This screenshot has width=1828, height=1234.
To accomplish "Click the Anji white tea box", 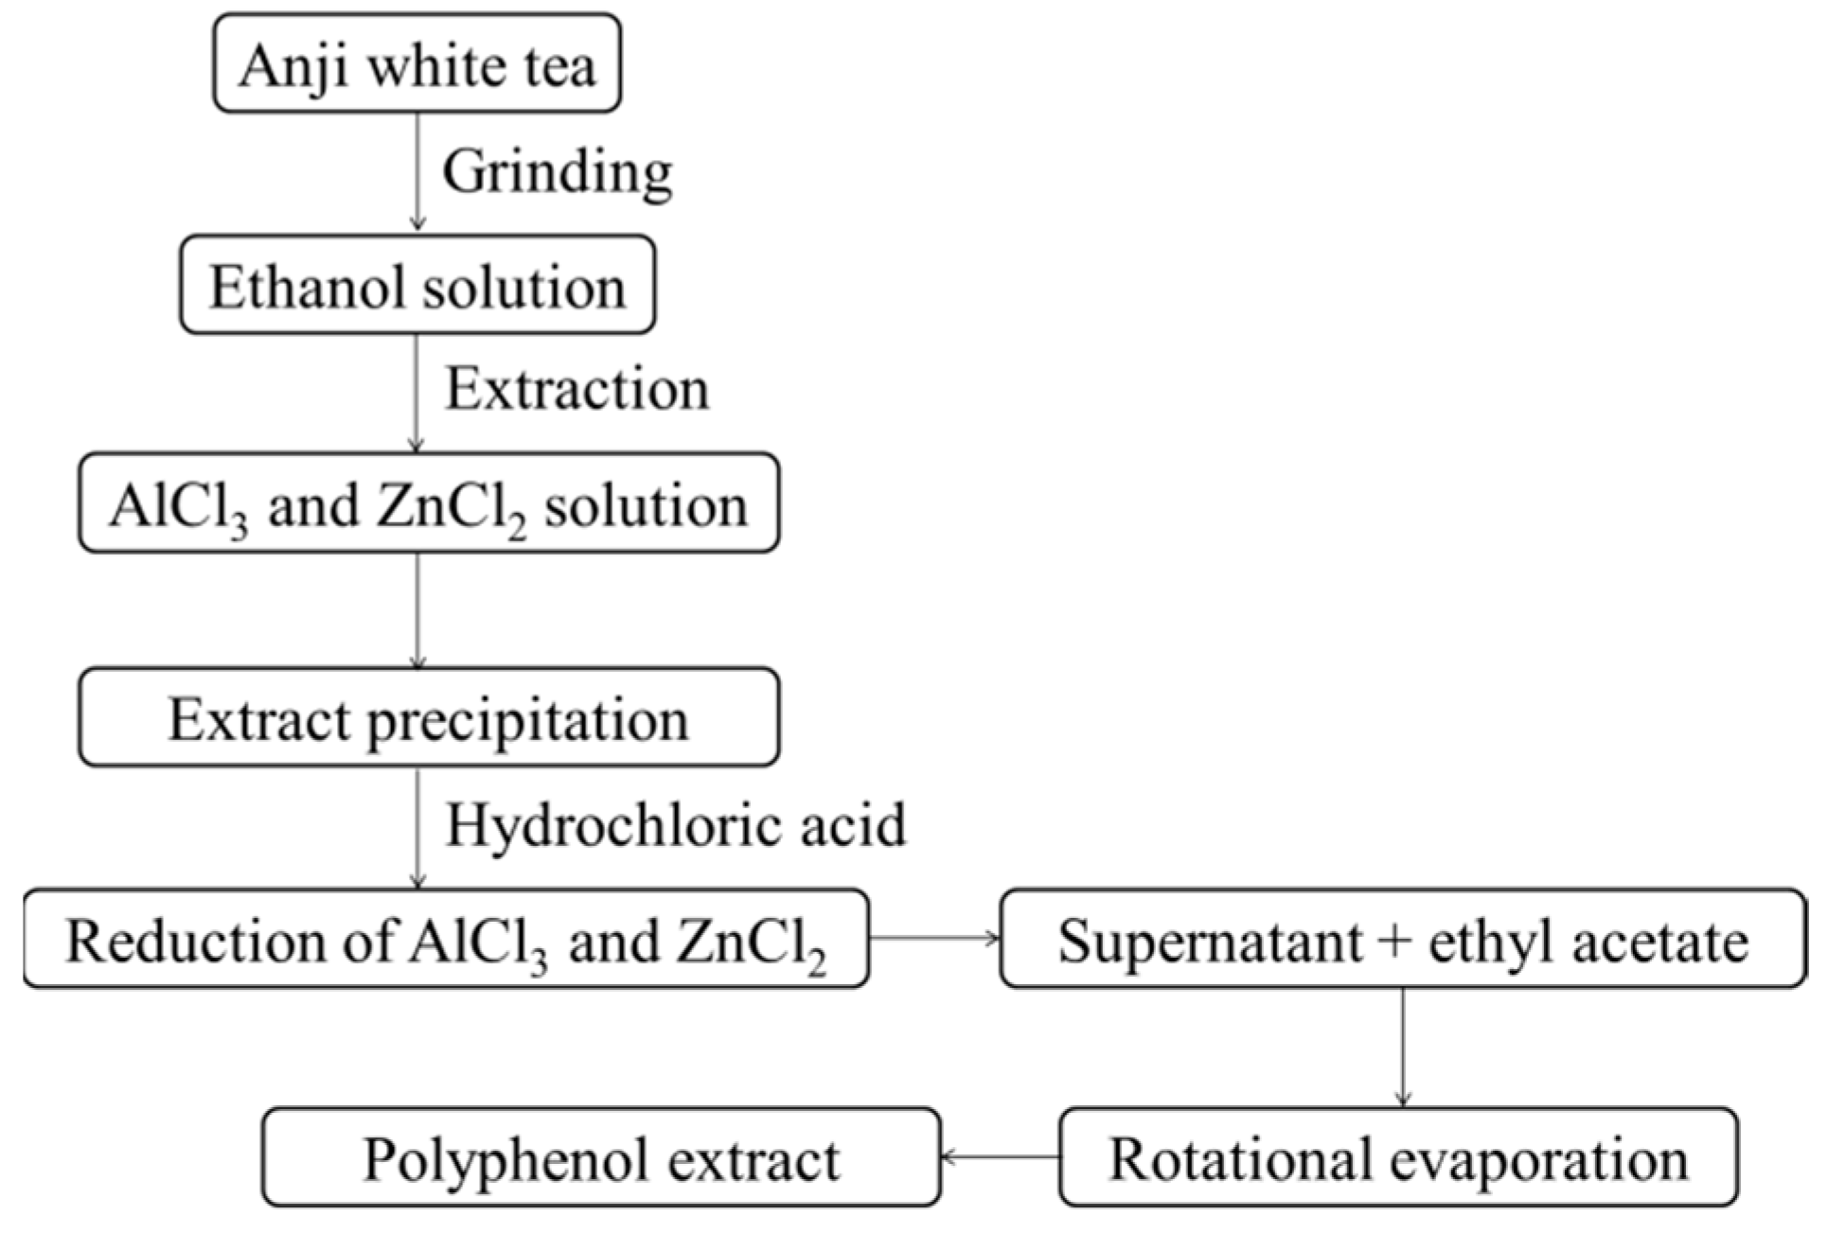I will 417,64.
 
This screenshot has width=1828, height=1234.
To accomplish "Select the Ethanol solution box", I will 417,285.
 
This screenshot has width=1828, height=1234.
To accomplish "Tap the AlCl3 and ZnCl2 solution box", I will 429,503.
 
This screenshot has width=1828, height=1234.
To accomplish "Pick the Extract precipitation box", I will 429,718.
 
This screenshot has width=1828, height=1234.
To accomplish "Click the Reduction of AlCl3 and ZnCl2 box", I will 446,940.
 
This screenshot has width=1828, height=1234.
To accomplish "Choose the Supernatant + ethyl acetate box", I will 1403,940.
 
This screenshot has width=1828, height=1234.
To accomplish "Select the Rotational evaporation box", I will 1398,1158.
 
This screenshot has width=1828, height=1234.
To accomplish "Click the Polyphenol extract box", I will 601,1158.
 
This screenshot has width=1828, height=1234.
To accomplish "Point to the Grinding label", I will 558,172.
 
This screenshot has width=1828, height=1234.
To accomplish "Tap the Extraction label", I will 577,388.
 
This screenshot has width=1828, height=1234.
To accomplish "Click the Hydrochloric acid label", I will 676,824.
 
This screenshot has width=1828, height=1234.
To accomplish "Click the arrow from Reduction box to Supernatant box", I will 934,938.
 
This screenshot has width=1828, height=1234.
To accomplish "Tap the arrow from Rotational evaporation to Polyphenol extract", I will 1000,1156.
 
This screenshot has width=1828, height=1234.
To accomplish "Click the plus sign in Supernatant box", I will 1394,942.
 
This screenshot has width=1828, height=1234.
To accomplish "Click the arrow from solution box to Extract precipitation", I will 417,610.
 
